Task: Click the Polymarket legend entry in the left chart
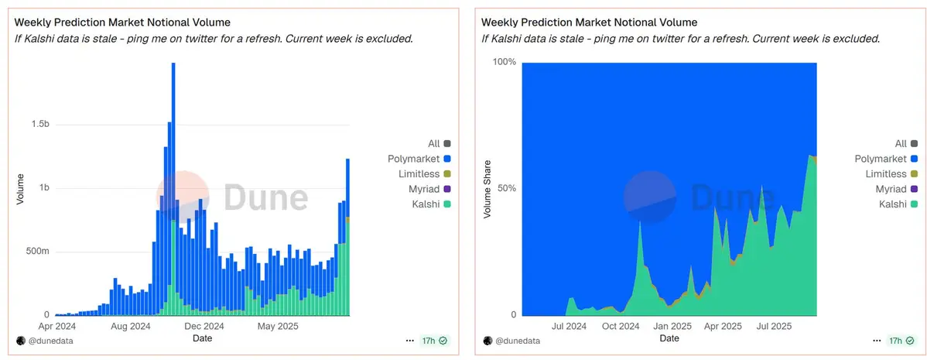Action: click(414, 159)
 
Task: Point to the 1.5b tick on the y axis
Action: click(40, 125)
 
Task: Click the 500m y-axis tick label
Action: click(36, 252)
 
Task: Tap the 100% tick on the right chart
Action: click(505, 63)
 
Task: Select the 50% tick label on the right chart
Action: click(507, 189)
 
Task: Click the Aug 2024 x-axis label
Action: click(131, 327)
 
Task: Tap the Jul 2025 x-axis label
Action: click(774, 327)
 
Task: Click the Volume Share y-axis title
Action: click(487, 189)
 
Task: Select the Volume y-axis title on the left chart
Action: click(20, 189)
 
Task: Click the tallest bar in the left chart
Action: click(173, 186)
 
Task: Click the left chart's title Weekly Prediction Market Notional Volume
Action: click(122, 22)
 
